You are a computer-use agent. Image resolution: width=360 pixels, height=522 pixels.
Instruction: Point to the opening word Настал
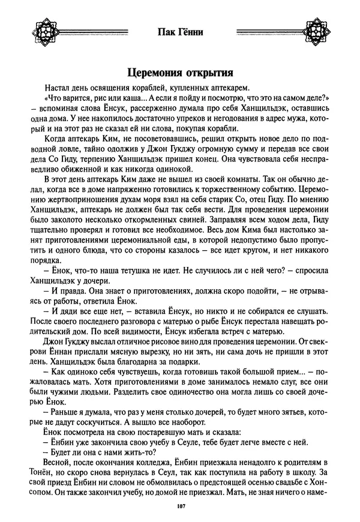[58, 88]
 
